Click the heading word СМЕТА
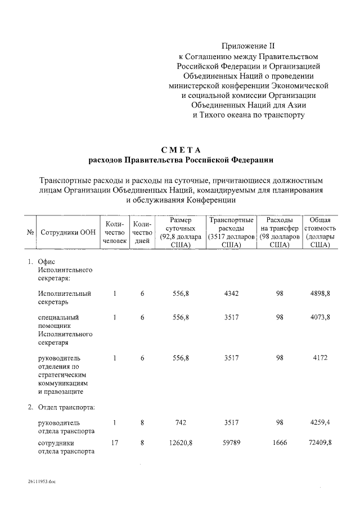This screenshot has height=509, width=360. (181, 149)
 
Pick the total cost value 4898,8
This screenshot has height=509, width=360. (319, 294)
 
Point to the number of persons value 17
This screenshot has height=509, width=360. (114, 443)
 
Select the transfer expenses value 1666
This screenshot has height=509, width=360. (279, 443)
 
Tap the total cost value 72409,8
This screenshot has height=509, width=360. (319, 443)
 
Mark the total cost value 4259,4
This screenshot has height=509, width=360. (319, 422)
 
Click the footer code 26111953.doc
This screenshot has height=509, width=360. (41, 482)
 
